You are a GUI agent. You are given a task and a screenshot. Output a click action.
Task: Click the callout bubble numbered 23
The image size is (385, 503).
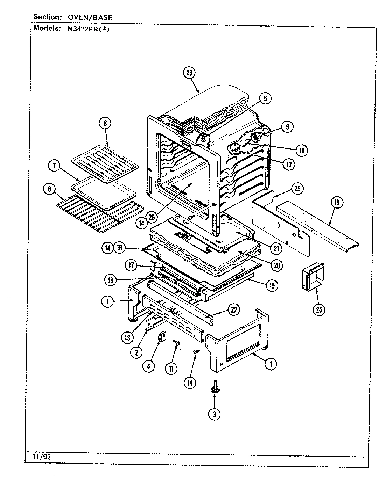[x=189, y=73]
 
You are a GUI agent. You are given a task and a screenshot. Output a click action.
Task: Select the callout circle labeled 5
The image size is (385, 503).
[x=265, y=99]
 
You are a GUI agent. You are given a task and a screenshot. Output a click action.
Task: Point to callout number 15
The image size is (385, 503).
[x=337, y=202]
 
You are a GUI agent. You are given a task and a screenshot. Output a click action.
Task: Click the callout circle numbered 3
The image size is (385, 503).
[x=214, y=414]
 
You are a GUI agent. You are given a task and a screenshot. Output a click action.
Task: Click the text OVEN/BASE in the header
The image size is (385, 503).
[x=88, y=17]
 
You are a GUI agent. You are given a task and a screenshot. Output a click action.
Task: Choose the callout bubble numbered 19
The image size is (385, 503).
[x=271, y=285]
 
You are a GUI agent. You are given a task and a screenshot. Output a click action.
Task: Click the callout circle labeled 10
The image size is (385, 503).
[x=301, y=150]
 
